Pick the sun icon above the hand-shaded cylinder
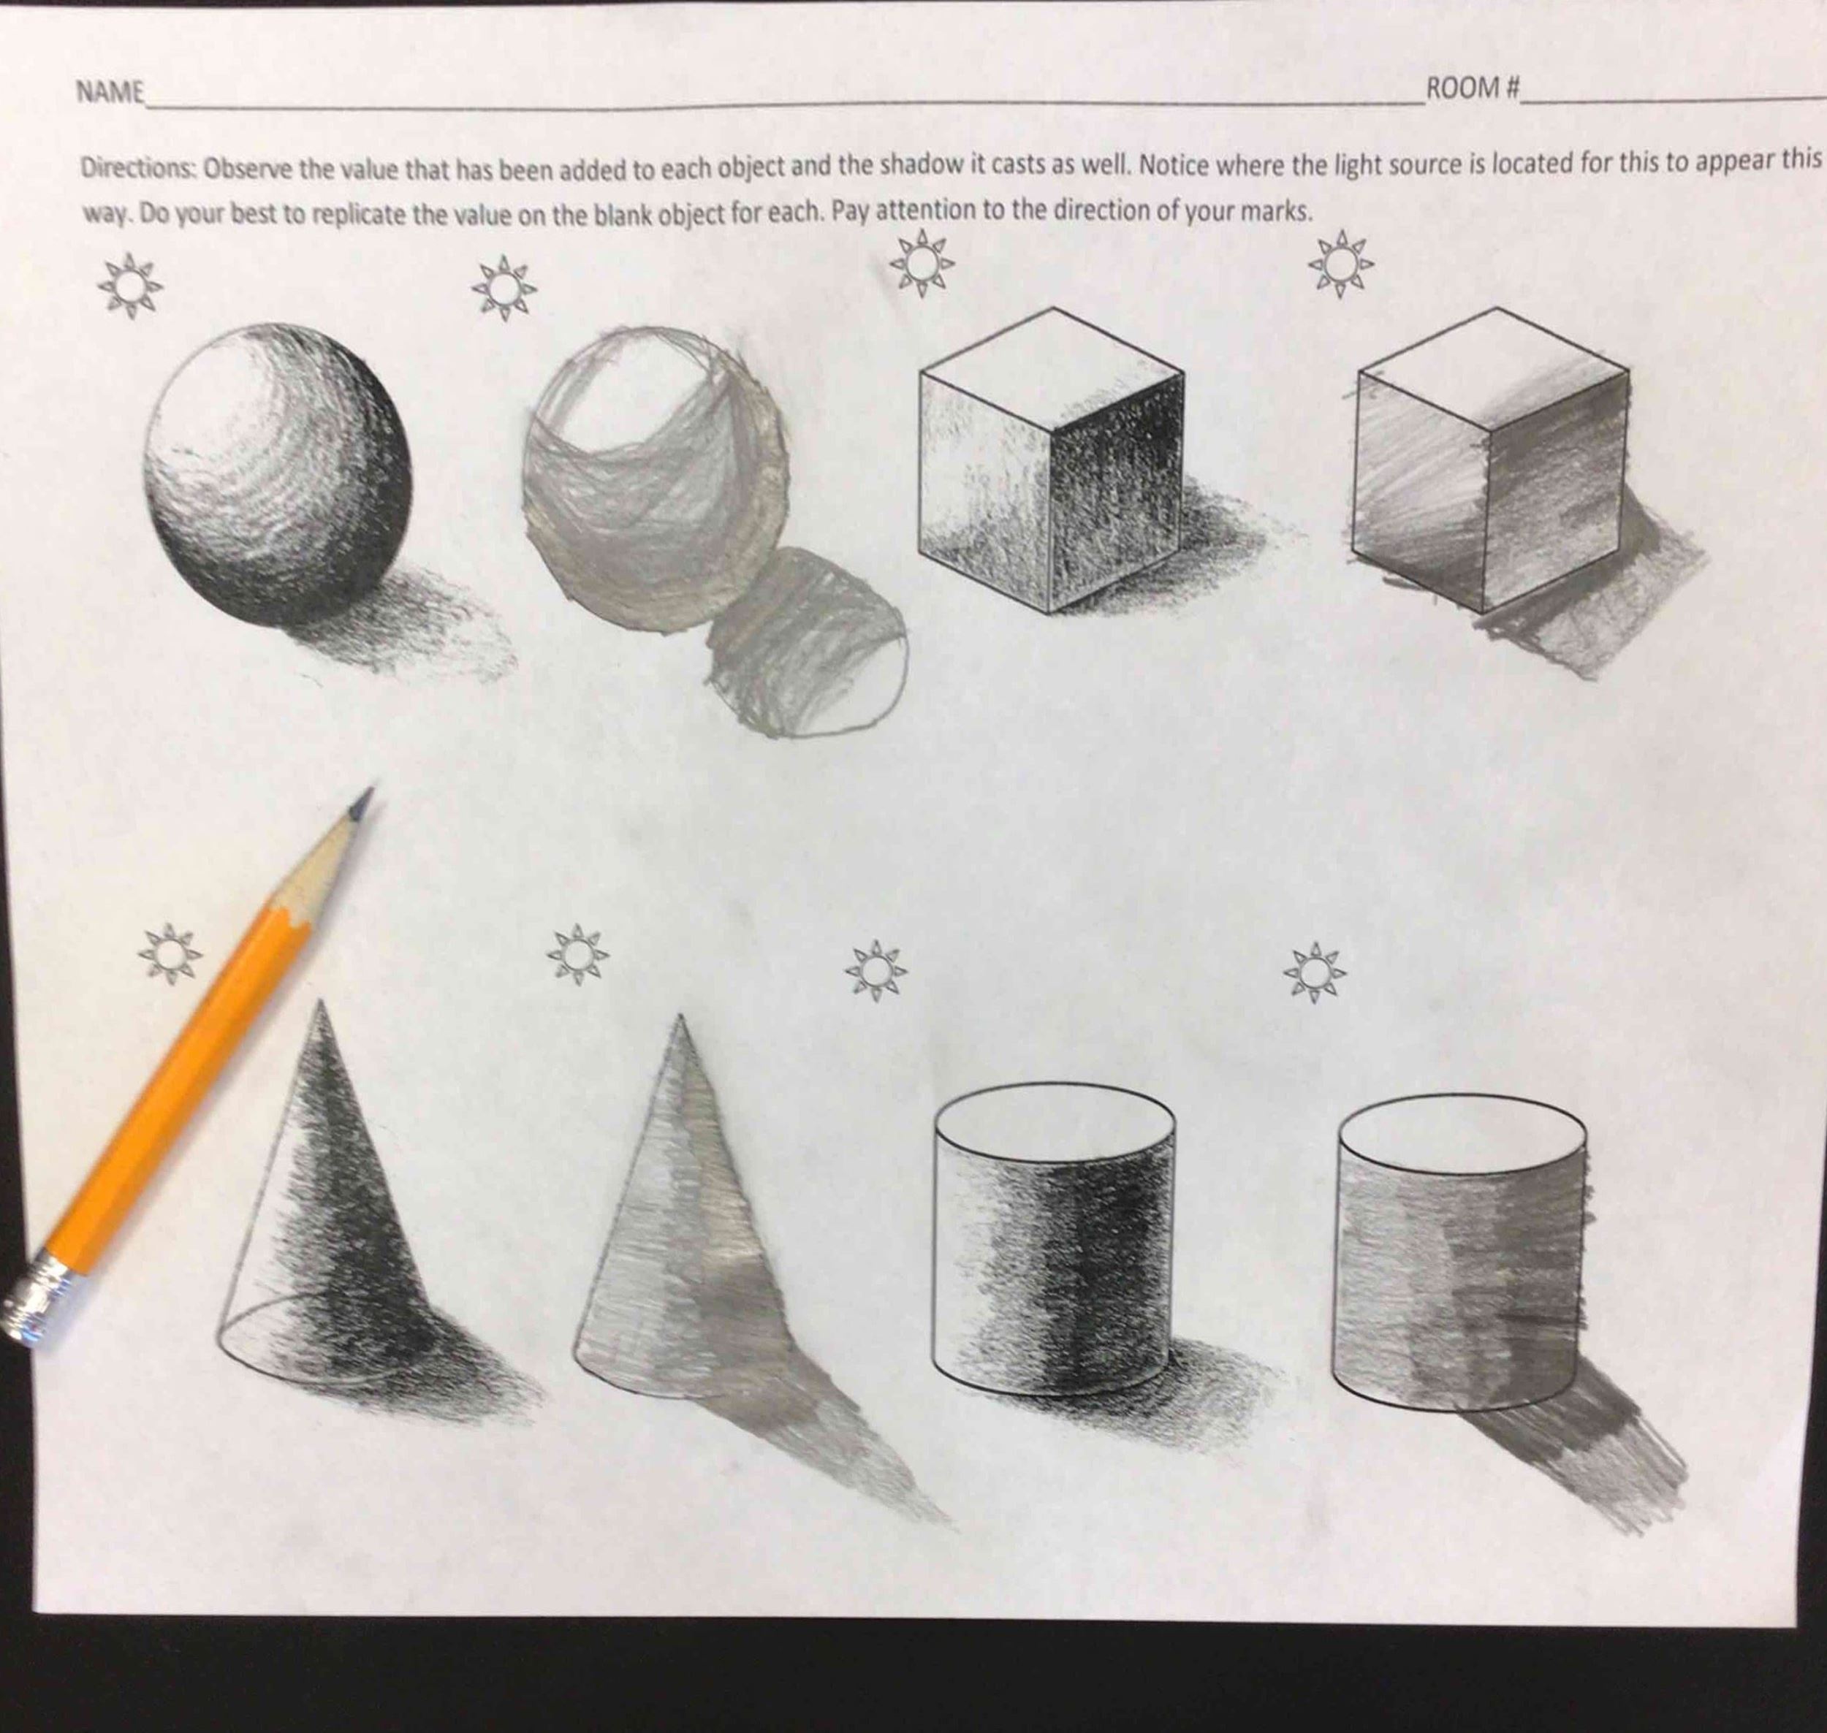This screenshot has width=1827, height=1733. click(x=1314, y=972)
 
